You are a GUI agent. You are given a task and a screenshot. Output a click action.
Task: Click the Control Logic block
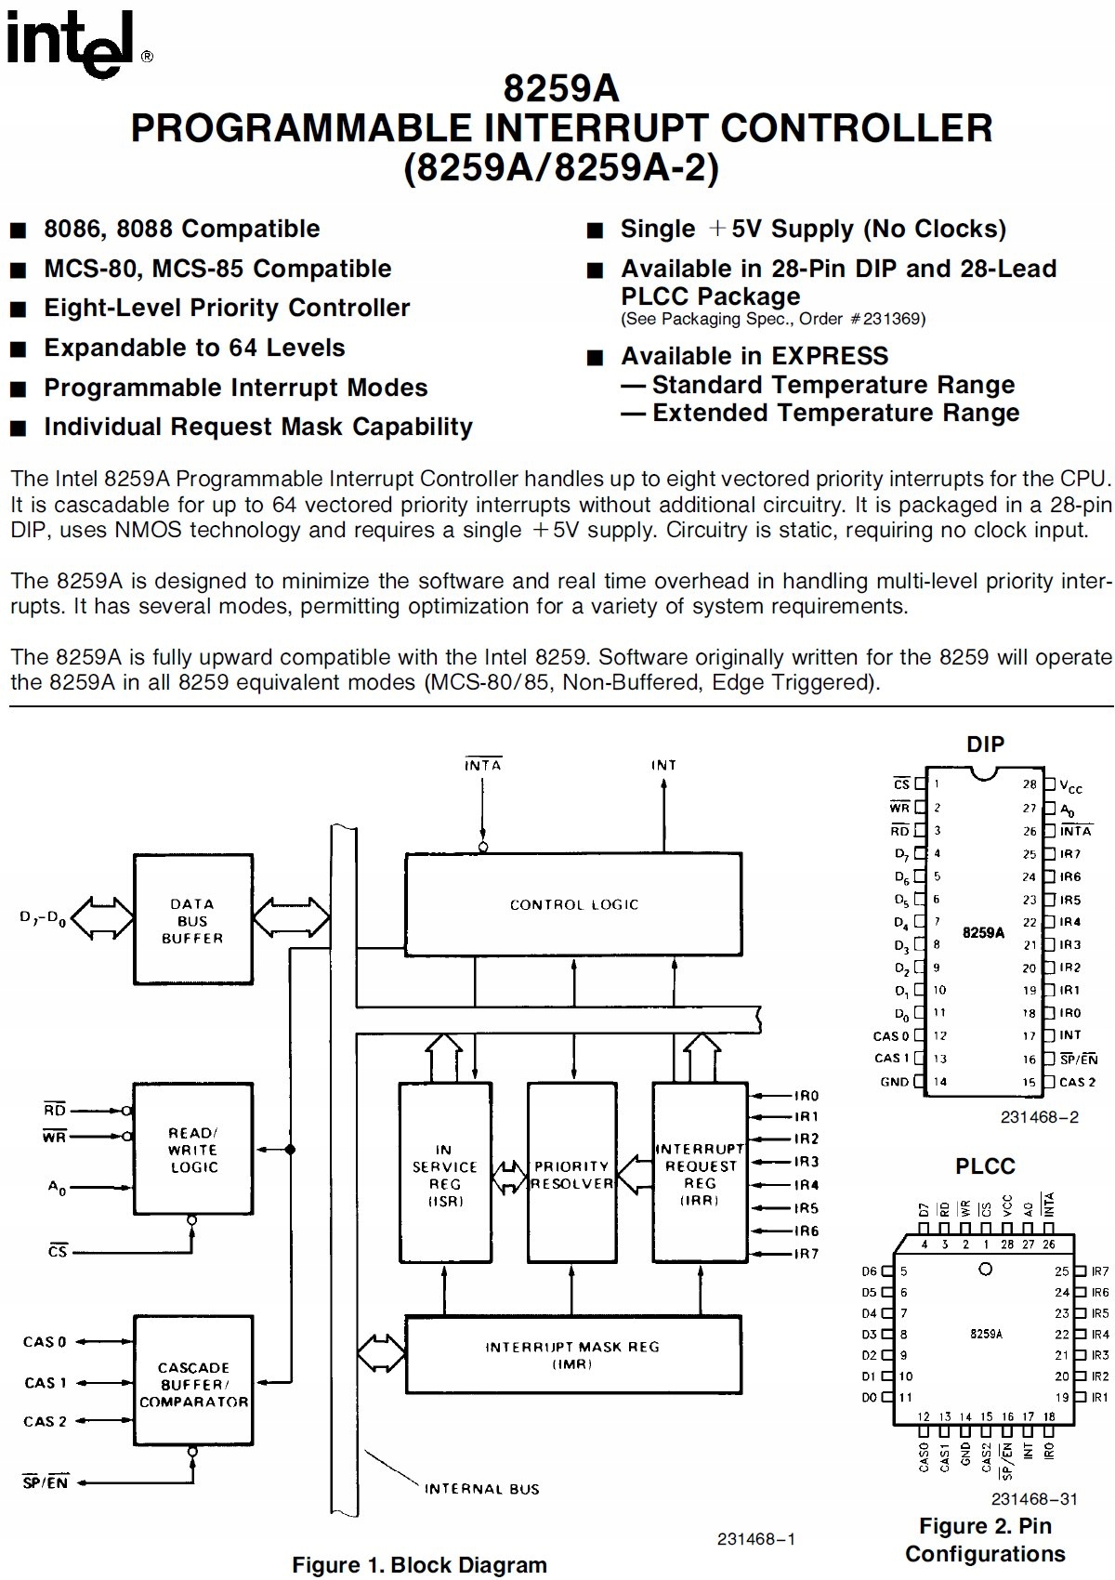[573, 904]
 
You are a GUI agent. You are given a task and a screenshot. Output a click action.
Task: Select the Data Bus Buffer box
[192, 921]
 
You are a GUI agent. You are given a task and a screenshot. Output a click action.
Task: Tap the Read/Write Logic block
[193, 1150]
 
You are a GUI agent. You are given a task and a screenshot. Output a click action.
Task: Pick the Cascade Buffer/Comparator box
[193, 1385]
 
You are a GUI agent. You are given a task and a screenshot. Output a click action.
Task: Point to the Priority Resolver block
[572, 1175]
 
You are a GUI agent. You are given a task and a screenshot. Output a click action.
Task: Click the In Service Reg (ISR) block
[445, 1175]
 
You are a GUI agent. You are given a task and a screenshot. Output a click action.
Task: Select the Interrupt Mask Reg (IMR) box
[572, 1355]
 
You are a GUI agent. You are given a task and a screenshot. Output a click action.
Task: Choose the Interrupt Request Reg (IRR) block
[700, 1175]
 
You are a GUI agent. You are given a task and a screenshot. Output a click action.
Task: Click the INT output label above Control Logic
[663, 765]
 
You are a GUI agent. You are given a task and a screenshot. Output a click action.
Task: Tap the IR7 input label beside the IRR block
[806, 1254]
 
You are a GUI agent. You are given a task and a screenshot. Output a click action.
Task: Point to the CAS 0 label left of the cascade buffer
[45, 1342]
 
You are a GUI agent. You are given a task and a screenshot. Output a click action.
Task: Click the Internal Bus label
[481, 1489]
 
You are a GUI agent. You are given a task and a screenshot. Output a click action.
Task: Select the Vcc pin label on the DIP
[1071, 786]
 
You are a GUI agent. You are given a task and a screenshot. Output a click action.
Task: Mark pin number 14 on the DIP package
[939, 1081]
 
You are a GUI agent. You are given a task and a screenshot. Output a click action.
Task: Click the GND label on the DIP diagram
[894, 1081]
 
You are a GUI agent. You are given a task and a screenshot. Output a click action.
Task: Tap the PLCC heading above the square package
[985, 1166]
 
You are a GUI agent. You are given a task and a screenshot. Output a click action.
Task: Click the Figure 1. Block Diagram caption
[419, 1564]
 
